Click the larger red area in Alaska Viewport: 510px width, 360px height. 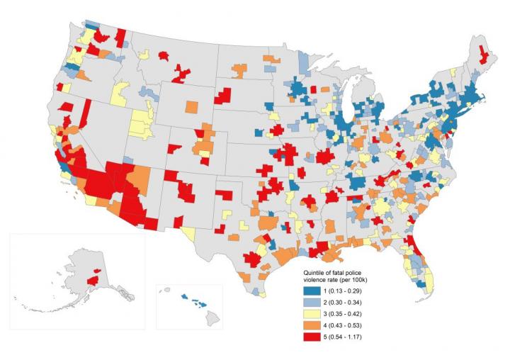[x=92, y=281]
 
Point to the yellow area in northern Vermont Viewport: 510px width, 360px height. [x=452, y=73]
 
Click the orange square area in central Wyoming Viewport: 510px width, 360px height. [x=192, y=107]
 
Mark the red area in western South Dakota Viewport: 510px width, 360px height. [x=225, y=96]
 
